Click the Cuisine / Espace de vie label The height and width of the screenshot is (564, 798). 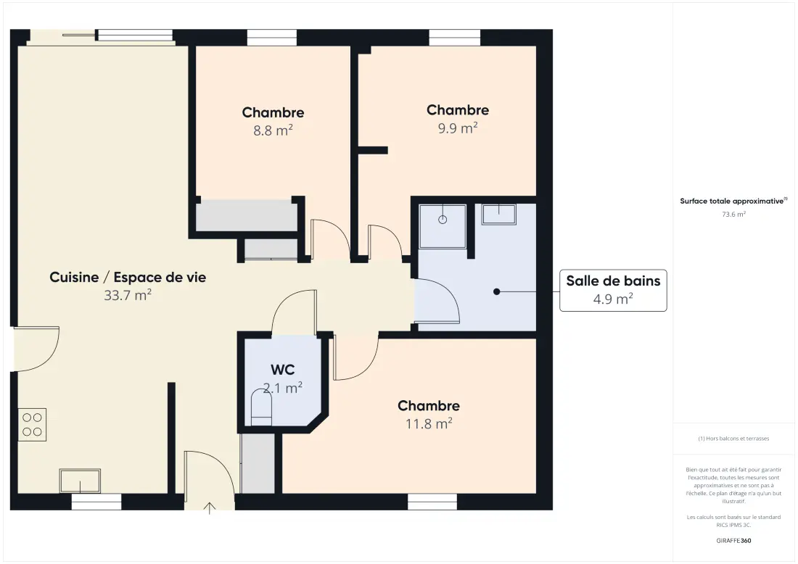click(x=128, y=277)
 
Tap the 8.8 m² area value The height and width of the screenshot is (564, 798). click(x=273, y=130)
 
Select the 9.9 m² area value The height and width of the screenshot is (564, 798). click(x=458, y=128)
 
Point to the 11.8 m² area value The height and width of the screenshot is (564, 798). click(x=429, y=423)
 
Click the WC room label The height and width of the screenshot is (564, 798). click(x=282, y=369)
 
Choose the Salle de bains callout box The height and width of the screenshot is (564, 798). click(x=613, y=291)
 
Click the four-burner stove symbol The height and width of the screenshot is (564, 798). click(x=32, y=425)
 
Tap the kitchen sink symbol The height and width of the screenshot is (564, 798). click(x=80, y=481)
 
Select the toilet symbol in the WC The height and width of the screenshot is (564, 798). click(x=261, y=407)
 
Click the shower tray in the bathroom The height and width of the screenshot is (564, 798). click(x=443, y=226)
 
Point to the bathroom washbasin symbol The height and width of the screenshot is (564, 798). click(x=499, y=214)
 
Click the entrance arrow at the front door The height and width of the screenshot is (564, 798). click(x=209, y=508)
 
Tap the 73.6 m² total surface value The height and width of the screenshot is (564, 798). click(x=733, y=214)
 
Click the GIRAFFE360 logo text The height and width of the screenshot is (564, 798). click(x=733, y=541)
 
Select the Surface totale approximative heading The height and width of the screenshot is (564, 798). click(x=733, y=201)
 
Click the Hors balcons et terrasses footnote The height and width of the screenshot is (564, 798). click(x=733, y=439)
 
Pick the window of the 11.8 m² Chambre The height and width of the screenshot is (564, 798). click(x=432, y=502)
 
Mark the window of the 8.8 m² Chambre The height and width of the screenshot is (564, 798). click(x=272, y=38)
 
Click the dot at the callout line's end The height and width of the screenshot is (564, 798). click(x=497, y=291)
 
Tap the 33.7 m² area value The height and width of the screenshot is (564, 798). click(x=128, y=295)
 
